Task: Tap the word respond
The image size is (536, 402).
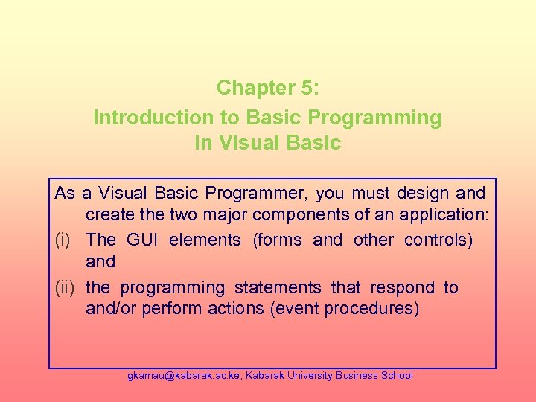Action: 403,287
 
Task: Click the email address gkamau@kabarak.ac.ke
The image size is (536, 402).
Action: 183,376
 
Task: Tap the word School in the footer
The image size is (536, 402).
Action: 397,376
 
